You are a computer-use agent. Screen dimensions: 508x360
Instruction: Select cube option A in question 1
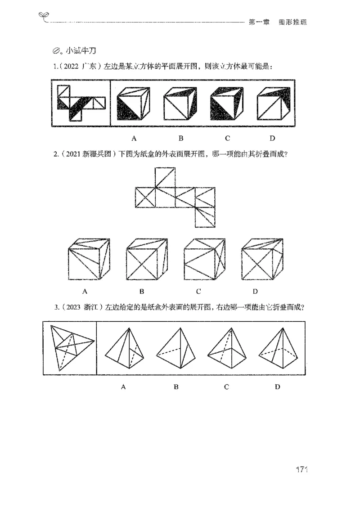point(134,104)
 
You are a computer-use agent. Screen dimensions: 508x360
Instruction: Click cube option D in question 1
point(273,104)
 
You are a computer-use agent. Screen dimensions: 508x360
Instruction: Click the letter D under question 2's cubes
point(255,291)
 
